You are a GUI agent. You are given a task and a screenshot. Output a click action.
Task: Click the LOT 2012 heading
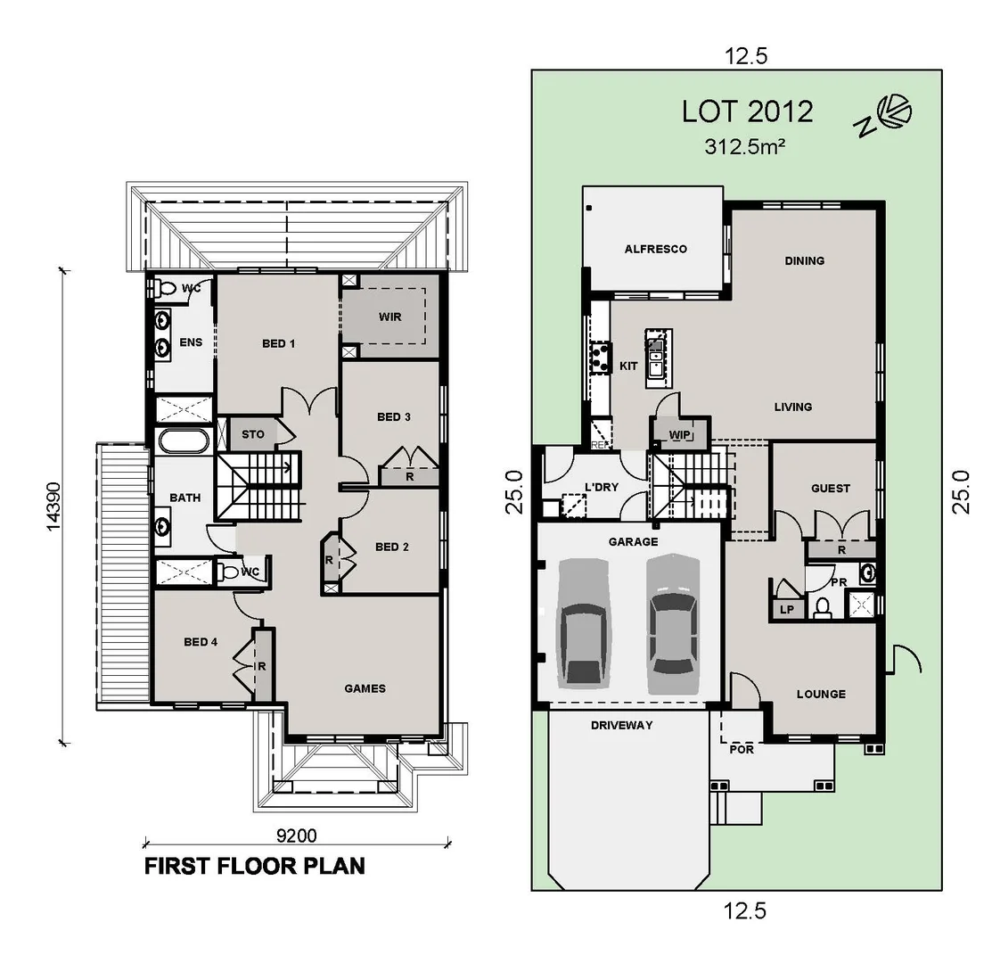pyautogui.click(x=747, y=111)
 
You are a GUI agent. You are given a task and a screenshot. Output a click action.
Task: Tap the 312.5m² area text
pyautogui.click(x=744, y=147)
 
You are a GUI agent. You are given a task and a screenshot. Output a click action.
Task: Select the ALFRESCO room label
pyautogui.click(x=655, y=249)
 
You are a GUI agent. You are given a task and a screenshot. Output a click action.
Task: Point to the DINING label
pyautogui.click(x=804, y=261)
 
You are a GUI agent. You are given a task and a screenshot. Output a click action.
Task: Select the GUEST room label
pyautogui.click(x=830, y=489)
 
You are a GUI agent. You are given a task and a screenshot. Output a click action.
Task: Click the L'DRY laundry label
pyautogui.click(x=602, y=487)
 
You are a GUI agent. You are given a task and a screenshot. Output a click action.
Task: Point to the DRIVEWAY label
pyautogui.click(x=621, y=726)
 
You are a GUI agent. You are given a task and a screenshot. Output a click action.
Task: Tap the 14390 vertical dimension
pyautogui.click(x=53, y=507)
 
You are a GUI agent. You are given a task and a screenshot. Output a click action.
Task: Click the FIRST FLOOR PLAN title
pyautogui.click(x=255, y=866)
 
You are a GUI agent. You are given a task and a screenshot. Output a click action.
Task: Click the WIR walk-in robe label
pyautogui.click(x=389, y=317)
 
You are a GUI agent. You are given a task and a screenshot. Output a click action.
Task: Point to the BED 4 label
pyautogui.click(x=201, y=642)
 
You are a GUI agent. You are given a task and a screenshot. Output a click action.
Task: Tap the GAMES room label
pyautogui.click(x=365, y=688)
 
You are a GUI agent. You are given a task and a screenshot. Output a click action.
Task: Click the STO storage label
pyautogui.click(x=254, y=435)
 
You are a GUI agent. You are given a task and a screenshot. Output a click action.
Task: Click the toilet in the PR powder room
pyautogui.click(x=822, y=607)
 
